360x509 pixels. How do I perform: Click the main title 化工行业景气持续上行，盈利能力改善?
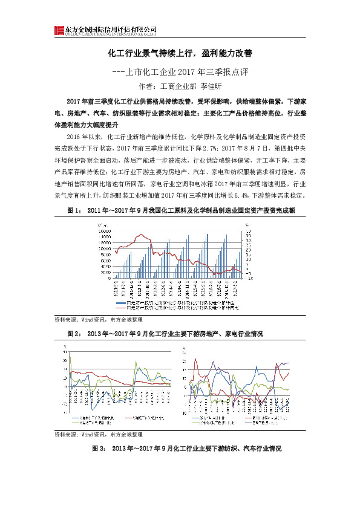pyautogui.click(x=180, y=53)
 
